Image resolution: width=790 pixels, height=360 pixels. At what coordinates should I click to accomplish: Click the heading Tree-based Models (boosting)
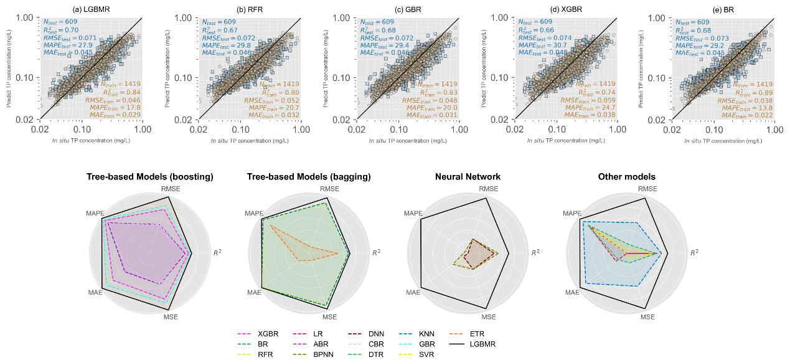point(149,177)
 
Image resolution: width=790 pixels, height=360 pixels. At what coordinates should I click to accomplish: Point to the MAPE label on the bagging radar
point(253,214)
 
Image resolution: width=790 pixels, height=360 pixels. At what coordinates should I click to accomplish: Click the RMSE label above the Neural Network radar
point(489,189)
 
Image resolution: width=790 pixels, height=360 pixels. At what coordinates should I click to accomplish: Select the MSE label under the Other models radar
point(647,317)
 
